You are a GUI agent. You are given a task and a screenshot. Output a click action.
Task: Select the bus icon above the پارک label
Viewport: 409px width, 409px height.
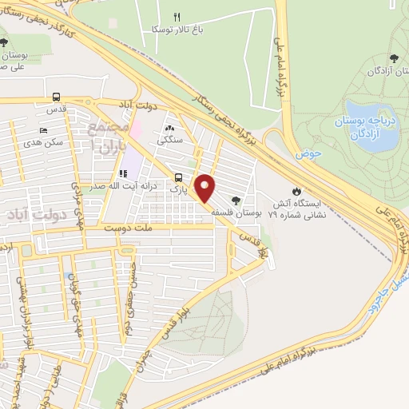[177, 178]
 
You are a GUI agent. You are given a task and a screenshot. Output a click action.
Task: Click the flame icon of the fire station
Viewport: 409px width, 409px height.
[297, 191]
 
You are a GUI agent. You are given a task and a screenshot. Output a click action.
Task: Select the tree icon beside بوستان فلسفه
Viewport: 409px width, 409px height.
[235, 201]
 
